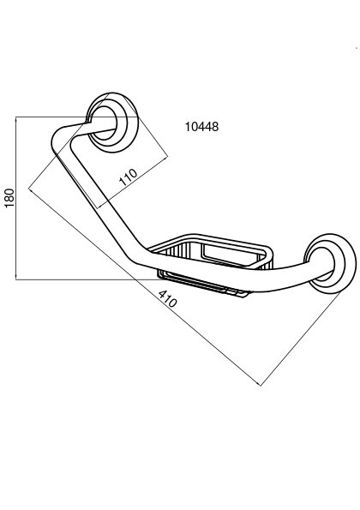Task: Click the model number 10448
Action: (201, 127)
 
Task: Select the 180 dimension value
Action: (9, 198)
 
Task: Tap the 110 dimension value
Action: (129, 177)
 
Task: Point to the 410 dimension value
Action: (168, 298)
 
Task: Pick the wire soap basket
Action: (212, 263)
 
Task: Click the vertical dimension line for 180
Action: (16, 198)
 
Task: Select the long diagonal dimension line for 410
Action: (145, 287)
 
